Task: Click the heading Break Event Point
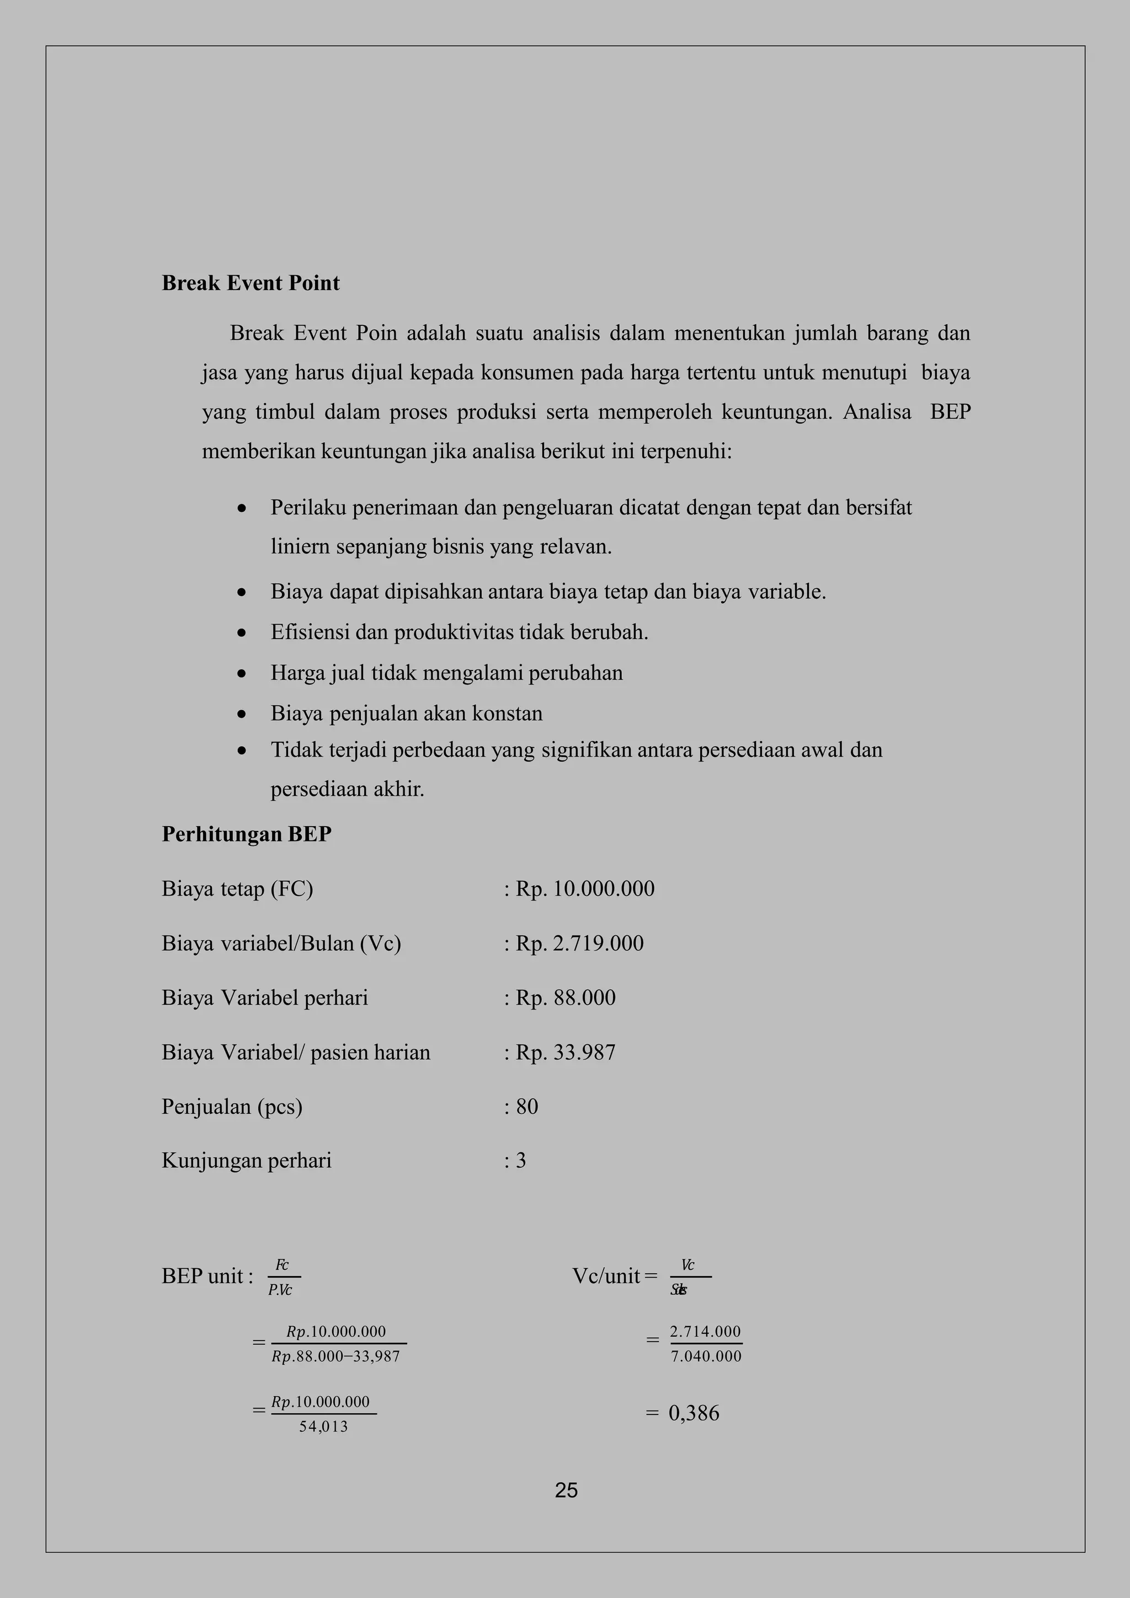pyautogui.click(x=250, y=283)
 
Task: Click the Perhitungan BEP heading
pyautogui.click(x=247, y=834)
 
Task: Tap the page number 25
pyautogui.click(x=566, y=1490)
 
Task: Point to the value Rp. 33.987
pyautogui.click(x=566, y=1052)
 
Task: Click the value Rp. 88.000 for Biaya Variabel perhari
pyautogui.click(x=566, y=998)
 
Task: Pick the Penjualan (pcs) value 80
pyautogui.click(x=527, y=1106)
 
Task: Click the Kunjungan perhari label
pyautogui.click(x=247, y=1160)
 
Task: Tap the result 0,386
pyautogui.click(x=694, y=1413)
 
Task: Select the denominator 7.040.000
pyautogui.click(x=706, y=1356)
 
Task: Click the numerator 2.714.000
pyautogui.click(x=705, y=1332)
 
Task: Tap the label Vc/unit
pyautogui.click(x=606, y=1276)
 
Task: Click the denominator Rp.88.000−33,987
pyautogui.click(x=335, y=1356)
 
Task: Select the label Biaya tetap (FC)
pyautogui.click(x=237, y=889)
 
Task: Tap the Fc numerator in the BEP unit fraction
pyautogui.click(x=282, y=1264)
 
